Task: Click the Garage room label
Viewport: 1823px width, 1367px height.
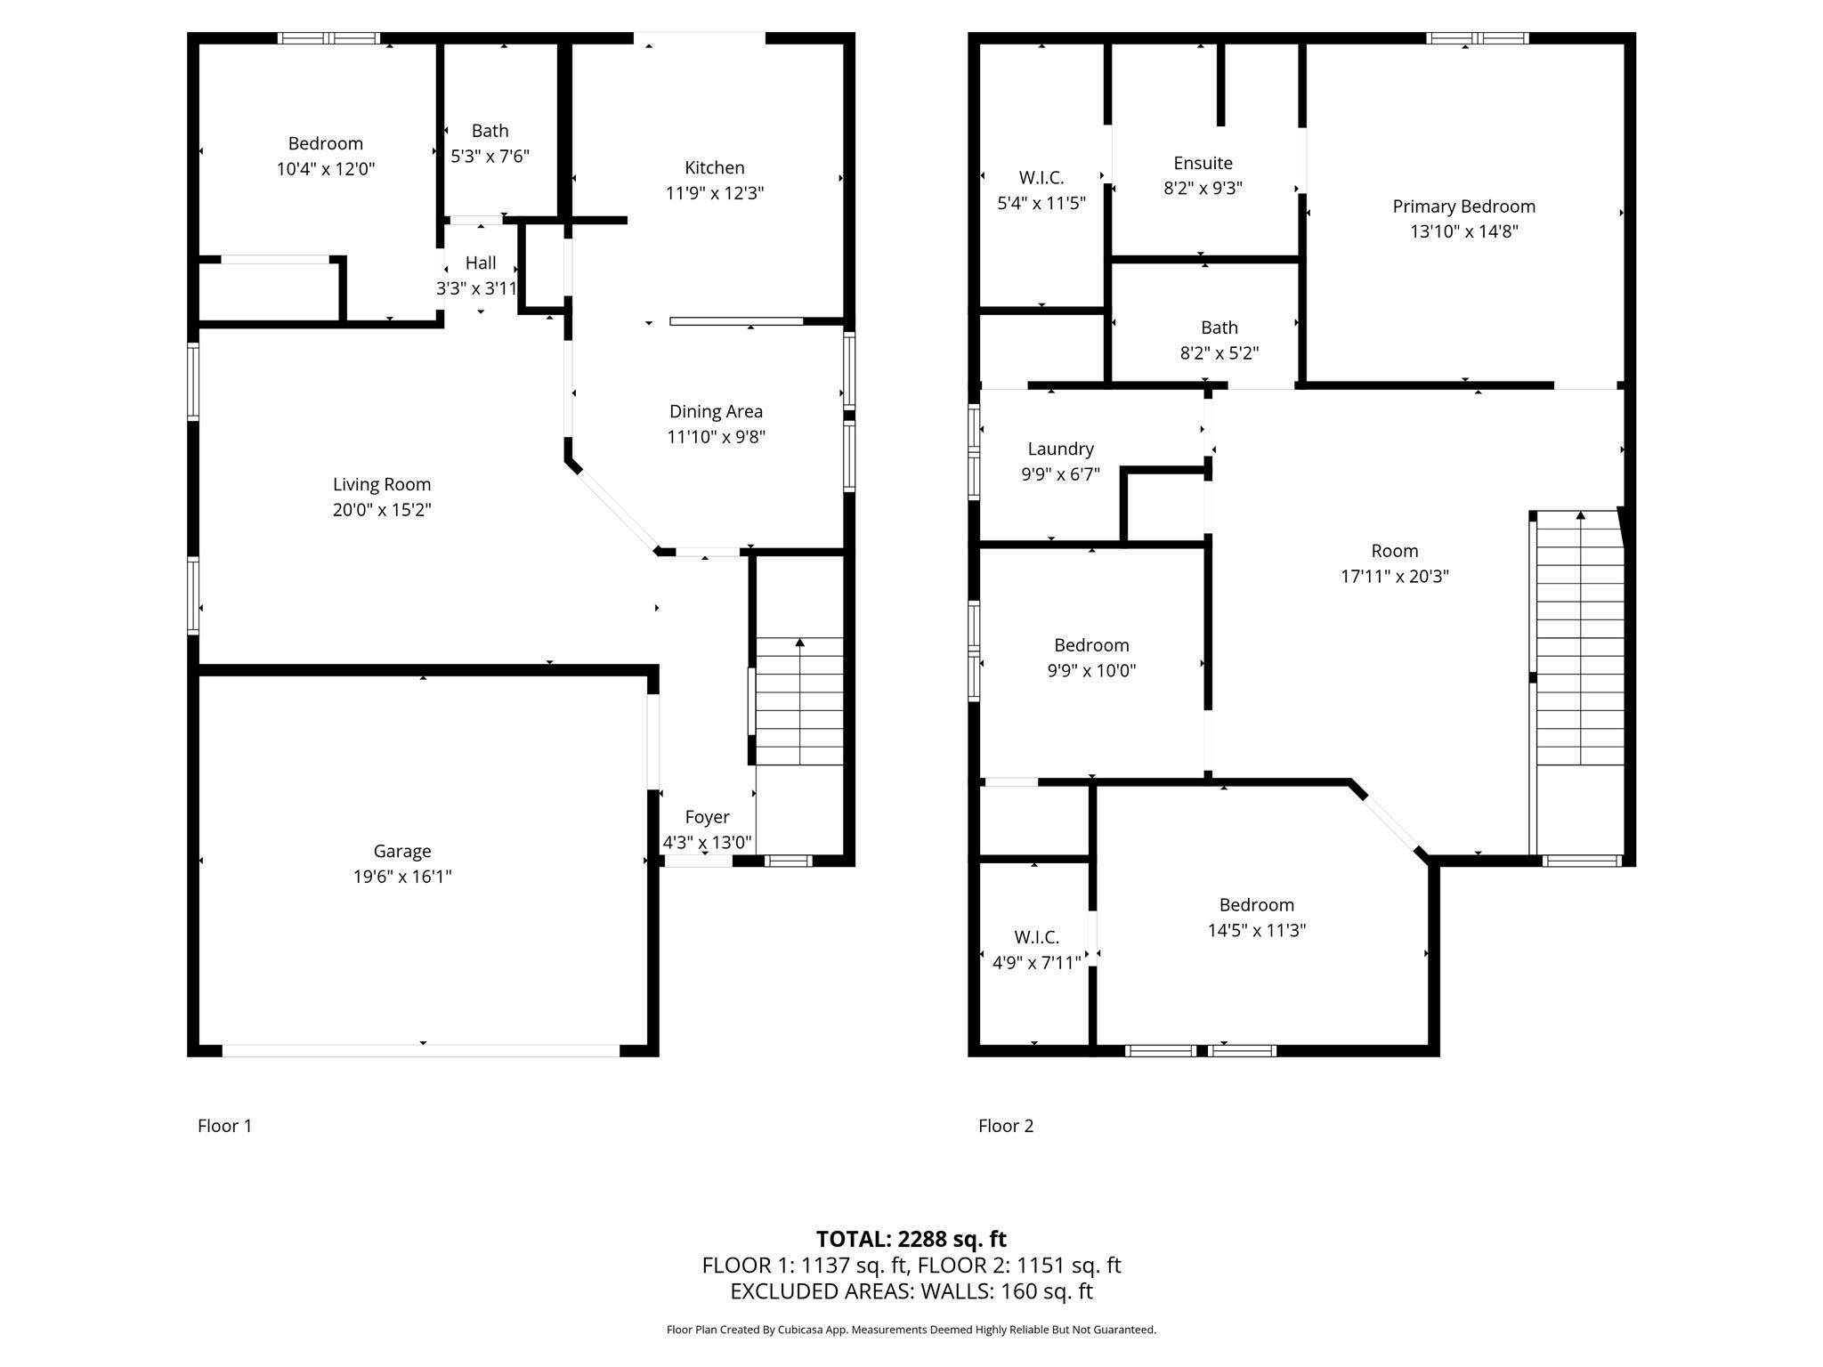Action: (402, 851)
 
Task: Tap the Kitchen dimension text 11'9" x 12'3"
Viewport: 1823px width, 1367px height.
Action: (714, 193)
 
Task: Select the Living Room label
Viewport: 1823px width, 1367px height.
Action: (382, 484)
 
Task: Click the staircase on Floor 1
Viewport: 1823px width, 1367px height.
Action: (799, 700)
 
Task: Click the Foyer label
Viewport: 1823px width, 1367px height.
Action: (707, 817)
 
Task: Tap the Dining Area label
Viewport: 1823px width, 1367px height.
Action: (716, 411)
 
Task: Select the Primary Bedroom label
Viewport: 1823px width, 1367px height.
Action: (1463, 206)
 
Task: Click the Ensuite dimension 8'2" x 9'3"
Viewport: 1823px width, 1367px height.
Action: (1203, 189)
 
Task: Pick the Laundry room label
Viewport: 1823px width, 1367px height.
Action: (1060, 449)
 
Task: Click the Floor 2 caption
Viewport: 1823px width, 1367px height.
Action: (1006, 1126)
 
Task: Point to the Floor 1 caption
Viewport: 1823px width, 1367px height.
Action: (224, 1126)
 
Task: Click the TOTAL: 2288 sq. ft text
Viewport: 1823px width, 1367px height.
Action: (911, 1239)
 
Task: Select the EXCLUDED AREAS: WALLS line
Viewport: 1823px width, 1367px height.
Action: (911, 1290)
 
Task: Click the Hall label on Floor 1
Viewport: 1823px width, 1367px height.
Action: (481, 263)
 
